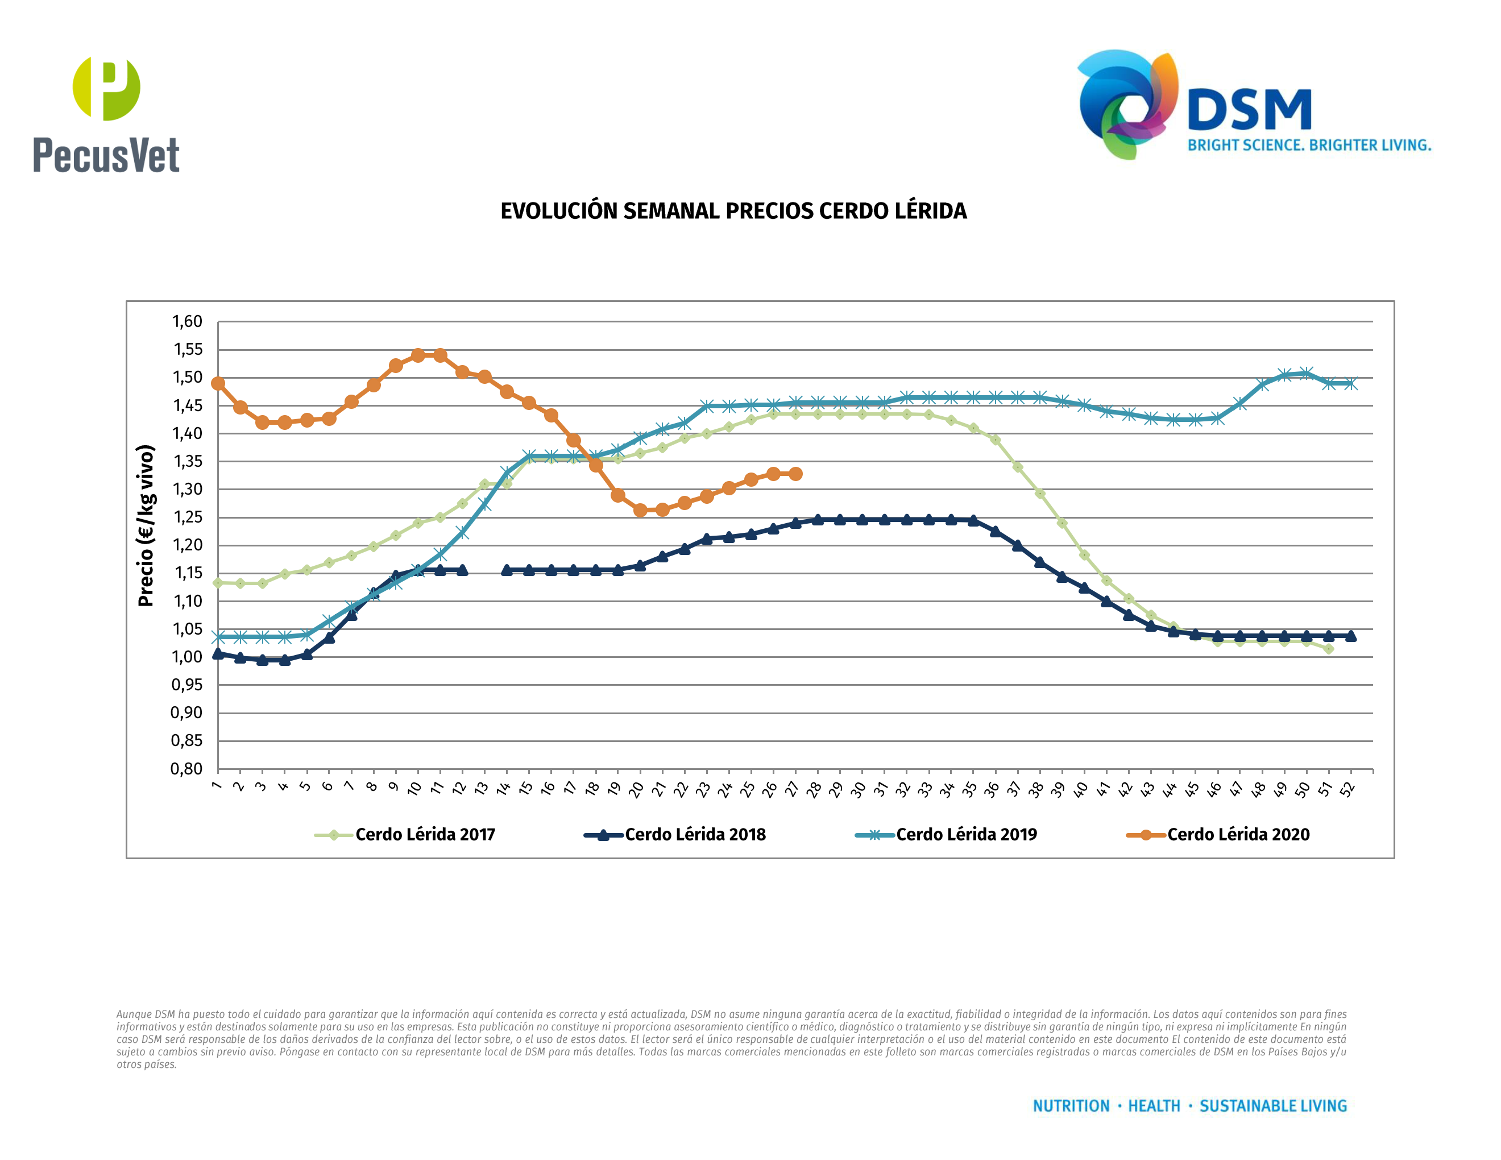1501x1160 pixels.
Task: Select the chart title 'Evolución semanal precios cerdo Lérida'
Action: [x=733, y=211]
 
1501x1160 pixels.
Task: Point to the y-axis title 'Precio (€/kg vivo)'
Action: [x=146, y=526]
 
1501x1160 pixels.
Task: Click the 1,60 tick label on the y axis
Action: [x=187, y=322]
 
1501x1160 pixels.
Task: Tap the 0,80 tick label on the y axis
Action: [x=187, y=769]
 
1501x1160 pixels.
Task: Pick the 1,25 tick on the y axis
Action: [x=187, y=517]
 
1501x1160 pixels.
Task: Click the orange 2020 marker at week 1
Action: [x=218, y=383]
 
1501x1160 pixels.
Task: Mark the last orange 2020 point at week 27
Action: [x=795, y=474]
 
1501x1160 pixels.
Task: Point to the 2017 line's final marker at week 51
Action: [x=1329, y=649]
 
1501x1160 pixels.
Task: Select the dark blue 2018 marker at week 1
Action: [x=218, y=653]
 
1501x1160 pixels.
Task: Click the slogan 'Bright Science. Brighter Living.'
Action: [x=1309, y=146]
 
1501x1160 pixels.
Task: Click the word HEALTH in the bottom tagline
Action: [x=1154, y=1106]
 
